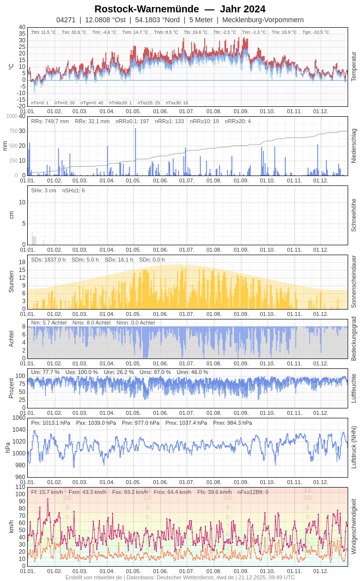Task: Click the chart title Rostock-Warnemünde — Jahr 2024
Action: (x=180, y=9)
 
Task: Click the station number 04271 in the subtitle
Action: (x=66, y=20)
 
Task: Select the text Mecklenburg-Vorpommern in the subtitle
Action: (x=263, y=20)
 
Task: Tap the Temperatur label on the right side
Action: (x=354, y=66)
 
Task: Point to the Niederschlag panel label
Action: (x=354, y=146)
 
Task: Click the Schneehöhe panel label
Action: (x=354, y=215)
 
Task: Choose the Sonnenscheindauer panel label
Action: (x=354, y=282)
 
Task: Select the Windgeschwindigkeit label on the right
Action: (x=354, y=526)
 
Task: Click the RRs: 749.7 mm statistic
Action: (x=50, y=121)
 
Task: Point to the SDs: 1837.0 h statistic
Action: (x=48, y=260)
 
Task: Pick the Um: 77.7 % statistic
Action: (x=45, y=372)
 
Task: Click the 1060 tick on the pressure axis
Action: (x=19, y=418)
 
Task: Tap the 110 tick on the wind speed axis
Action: (x=20, y=487)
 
